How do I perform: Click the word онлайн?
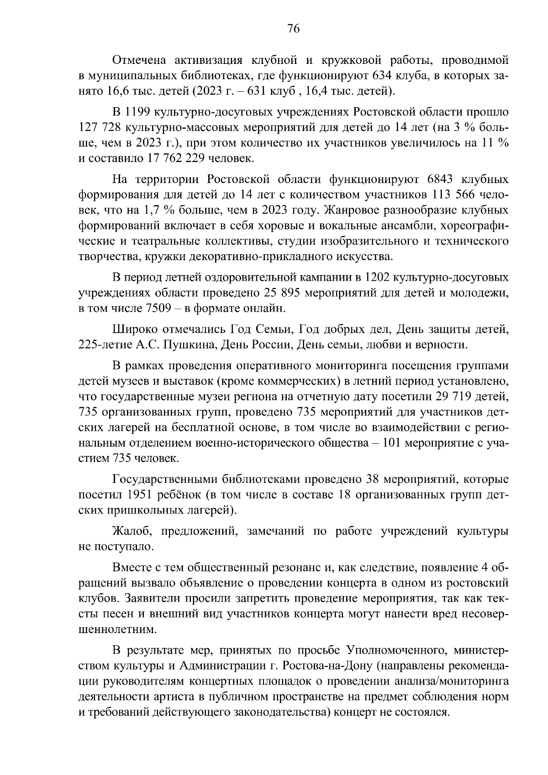click(261, 309)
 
